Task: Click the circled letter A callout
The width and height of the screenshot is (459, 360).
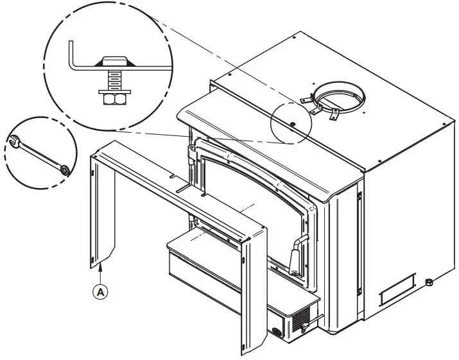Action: (100, 292)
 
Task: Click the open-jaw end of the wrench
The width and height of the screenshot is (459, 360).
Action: (14, 141)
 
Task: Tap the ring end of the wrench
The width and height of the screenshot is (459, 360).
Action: (64, 170)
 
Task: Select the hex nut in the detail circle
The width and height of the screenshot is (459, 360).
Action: (115, 99)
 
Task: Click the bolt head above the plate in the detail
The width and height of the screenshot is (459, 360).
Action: (114, 61)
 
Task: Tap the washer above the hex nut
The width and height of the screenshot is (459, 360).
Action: (115, 92)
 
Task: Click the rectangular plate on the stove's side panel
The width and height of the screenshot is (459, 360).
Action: (397, 289)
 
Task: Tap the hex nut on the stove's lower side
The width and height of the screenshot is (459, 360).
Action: (429, 282)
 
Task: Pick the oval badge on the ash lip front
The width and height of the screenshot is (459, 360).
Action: (276, 331)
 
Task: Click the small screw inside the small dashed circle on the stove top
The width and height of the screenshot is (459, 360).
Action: (292, 124)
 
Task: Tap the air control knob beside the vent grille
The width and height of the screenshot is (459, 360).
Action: (304, 327)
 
